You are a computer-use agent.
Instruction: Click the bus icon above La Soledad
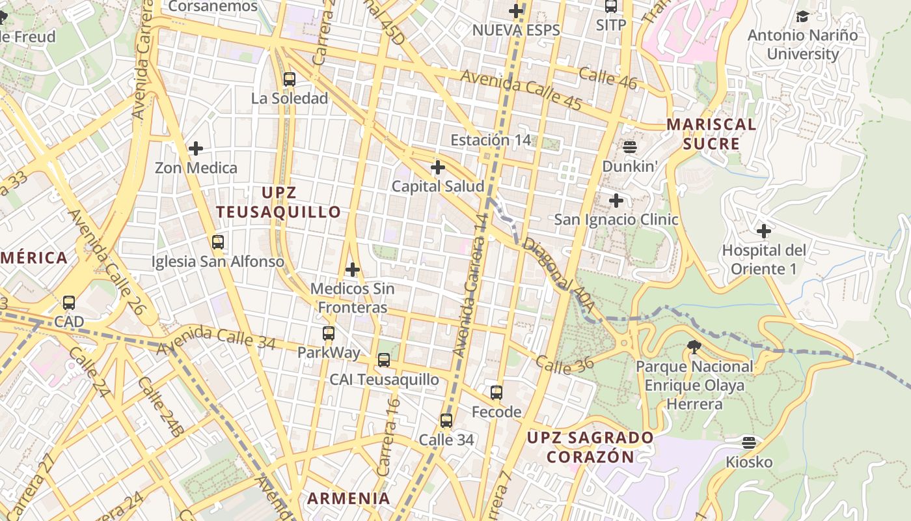[290, 79]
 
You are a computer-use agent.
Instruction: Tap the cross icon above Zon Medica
[196, 148]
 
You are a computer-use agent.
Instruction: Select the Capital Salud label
[437, 186]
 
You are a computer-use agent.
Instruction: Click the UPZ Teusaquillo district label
[279, 202]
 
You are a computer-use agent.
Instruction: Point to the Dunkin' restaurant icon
[629, 147]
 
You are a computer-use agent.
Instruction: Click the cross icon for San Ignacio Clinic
[616, 201]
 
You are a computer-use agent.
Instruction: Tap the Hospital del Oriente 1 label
[763, 259]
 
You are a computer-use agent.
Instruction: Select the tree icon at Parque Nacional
[694, 347]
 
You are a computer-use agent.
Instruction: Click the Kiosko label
[749, 462]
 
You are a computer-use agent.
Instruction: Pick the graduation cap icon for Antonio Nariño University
[802, 16]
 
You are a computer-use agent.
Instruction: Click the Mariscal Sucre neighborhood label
[711, 134]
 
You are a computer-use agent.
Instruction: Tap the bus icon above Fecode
[496, 393]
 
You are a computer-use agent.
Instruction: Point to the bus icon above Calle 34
[446, 421]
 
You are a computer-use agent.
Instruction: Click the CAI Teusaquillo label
[384, 380]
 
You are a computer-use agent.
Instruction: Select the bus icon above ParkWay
[329, 333]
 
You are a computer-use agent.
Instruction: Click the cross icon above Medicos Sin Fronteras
[353, 269]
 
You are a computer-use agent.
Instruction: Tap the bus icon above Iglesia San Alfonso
[218, 242]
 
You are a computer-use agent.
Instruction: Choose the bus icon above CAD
[69, 303]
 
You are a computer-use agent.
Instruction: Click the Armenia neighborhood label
[349, 498]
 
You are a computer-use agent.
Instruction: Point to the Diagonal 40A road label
[551, 266]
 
